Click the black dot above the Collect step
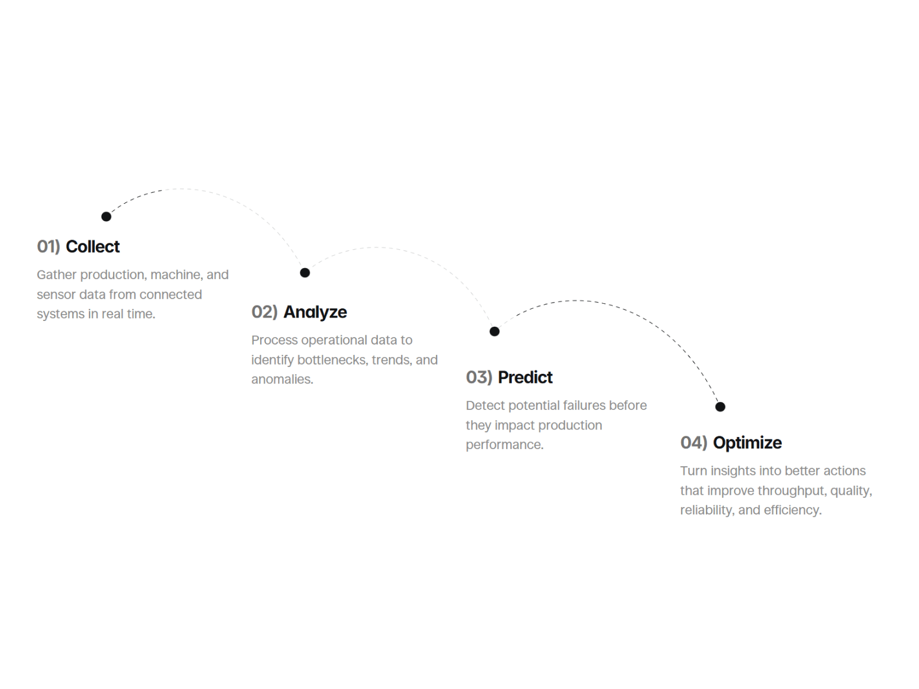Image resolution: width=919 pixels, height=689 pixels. click(106, 216)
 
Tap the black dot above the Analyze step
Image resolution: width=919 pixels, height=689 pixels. click(305, 273)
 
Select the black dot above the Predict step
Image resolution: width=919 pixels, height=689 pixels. click(495, 331)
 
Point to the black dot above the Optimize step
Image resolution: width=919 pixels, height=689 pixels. click(720, 406)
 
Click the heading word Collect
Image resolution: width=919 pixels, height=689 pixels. click(92, 246)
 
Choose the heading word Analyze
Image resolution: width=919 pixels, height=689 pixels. click(315, 312)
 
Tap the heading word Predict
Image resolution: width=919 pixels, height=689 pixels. click(525, 377)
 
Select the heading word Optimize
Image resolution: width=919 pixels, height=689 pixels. click(747, 443)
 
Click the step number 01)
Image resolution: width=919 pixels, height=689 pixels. click(49, 246)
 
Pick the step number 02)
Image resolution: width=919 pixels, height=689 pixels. click(265, 312)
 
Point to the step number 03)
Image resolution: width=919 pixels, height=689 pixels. click(479, 377)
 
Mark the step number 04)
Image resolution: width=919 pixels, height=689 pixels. click(694, 443)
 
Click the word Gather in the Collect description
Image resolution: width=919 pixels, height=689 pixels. click(56, 275)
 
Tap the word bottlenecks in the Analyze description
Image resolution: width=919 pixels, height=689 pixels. click(333, 360)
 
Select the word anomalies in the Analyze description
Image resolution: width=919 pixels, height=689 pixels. click(282, 380)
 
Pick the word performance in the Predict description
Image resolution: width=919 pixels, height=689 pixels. click(504, 444)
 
